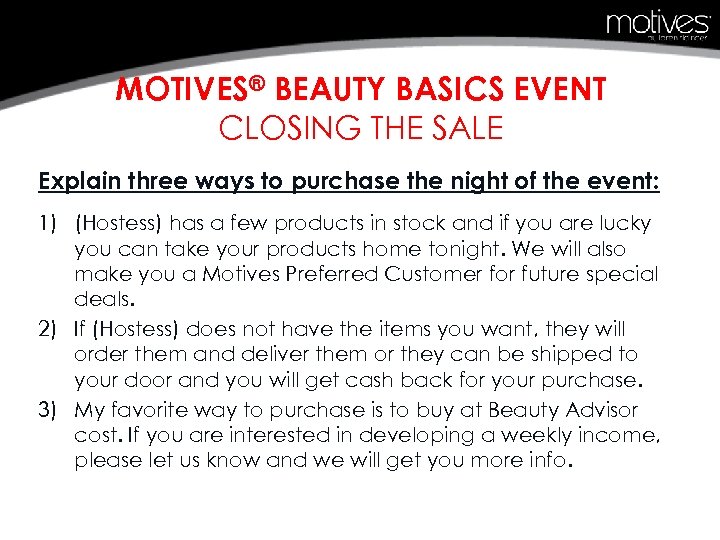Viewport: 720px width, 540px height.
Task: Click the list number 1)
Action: pyautogui.click(x=49, y=223)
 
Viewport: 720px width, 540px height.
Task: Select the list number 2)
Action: pyautogui.click(x=49, y=327)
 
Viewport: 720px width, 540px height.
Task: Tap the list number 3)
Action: pyautogui.click(x=49, y=409)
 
